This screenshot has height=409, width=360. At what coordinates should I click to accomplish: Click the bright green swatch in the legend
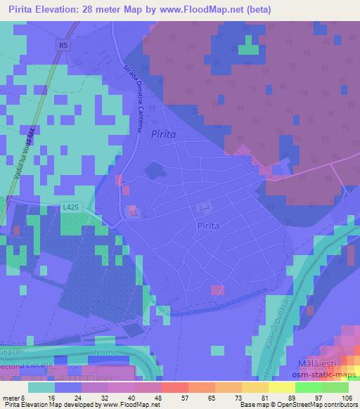[309, 387]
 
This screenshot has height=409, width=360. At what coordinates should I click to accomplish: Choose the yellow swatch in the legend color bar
[255, 387]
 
